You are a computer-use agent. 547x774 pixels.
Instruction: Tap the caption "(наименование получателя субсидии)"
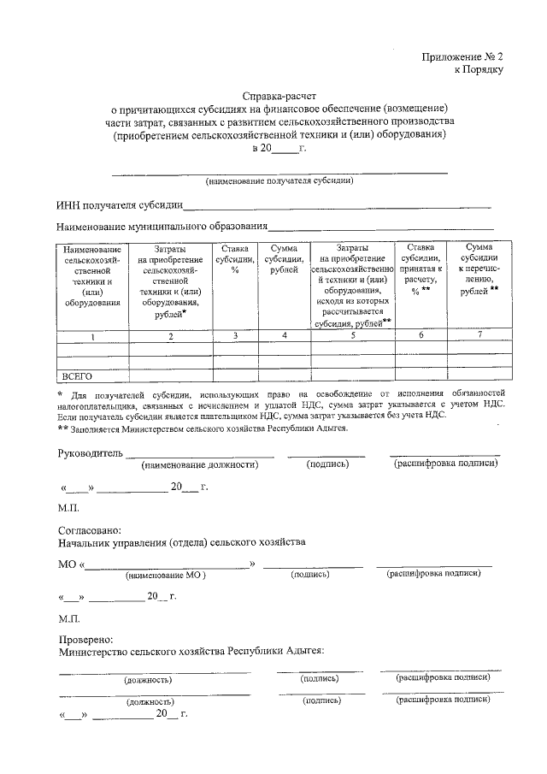click(x=279, y=180)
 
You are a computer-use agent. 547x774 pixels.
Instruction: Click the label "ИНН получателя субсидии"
click(x=119, y=205)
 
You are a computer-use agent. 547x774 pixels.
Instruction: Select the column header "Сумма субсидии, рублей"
click(x=284, y=258)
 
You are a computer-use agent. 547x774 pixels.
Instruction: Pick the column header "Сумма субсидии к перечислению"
click(x=479, y=269)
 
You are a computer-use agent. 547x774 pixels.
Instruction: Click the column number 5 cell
click(x=351, y=336)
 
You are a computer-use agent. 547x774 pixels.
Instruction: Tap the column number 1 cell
click(x=92, y=336)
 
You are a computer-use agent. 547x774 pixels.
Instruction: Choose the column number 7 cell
click(x=479, y=334)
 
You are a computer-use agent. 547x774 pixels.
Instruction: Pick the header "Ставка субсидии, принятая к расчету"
click(x=419, y=269)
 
